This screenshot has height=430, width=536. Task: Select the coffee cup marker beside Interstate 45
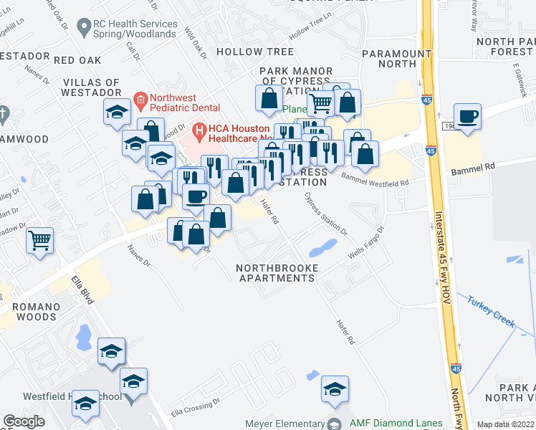tap(468, 117)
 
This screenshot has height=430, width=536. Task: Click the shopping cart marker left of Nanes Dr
tap(40, 241)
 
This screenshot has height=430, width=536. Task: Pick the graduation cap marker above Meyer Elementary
tap(335, 389)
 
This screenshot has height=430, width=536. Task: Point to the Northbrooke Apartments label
tap(277, 272)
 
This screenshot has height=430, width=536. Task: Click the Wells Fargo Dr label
tap(365, 244)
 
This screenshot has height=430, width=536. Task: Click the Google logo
tap(24, 421)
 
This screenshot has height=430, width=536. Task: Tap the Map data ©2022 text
tap(505, 424)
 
